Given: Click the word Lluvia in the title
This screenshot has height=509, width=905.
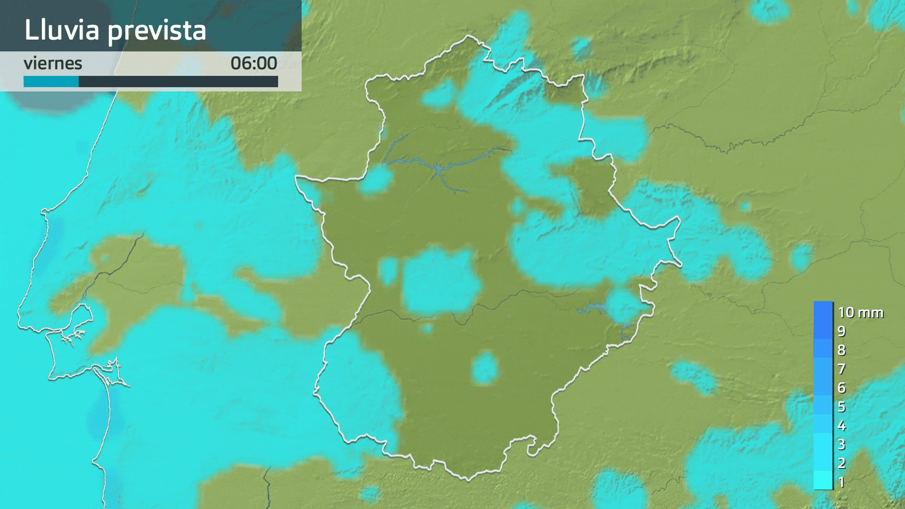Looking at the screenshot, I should (x=62, y=30).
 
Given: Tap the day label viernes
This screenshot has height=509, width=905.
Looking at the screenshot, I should (x=53, y=63).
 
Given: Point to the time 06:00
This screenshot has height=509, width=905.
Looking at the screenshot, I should (x=254, y=63).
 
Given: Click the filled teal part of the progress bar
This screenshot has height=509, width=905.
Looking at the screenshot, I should (x=51, y=82).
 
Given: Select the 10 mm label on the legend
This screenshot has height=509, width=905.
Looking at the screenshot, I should (x=860, y=312).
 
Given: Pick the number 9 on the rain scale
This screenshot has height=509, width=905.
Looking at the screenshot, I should (x=841, y=331).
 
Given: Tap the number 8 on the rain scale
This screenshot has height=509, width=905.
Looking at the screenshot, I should (x=841, y=350).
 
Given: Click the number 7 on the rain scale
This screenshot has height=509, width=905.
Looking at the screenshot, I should (x=841, y=369).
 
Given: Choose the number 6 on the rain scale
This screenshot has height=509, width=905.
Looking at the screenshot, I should (x=841, y=388).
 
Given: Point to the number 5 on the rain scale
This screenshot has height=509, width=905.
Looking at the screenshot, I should (x=841, y=407).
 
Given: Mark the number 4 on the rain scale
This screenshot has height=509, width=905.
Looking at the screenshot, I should (x=841, y=426).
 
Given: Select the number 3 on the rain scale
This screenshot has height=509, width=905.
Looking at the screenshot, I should (x=841, y=444).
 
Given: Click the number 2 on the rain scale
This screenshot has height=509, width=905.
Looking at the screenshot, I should (x=841, y=463).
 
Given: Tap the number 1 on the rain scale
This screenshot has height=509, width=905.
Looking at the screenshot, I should (x=841, y=482).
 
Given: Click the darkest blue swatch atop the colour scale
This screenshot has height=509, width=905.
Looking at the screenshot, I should (x=823, y=311).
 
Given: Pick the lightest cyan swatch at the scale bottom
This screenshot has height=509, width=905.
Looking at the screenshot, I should (x=823, y=481).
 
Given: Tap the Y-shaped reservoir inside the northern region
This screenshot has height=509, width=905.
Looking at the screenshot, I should (x=438, y=168).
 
